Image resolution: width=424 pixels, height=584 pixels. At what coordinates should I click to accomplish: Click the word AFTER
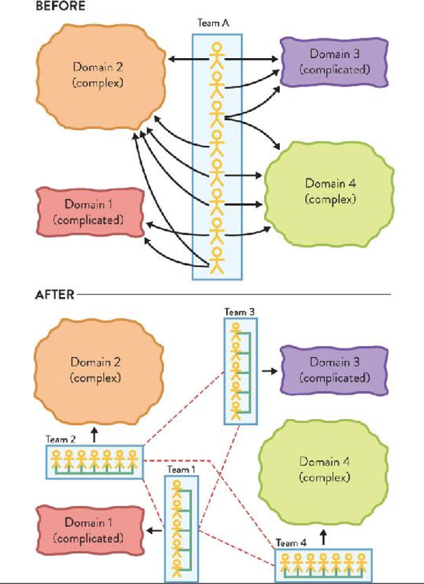55,295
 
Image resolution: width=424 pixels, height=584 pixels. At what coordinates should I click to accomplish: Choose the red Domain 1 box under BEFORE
88,211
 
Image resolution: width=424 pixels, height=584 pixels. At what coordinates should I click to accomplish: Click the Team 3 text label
236,312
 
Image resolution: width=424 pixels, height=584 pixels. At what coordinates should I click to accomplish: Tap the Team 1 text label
181,469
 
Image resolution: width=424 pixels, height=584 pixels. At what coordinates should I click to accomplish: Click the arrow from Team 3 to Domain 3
269,371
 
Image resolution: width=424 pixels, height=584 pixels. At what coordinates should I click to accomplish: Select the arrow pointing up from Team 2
94,434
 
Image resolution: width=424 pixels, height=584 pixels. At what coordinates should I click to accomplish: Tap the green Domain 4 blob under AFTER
324,469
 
